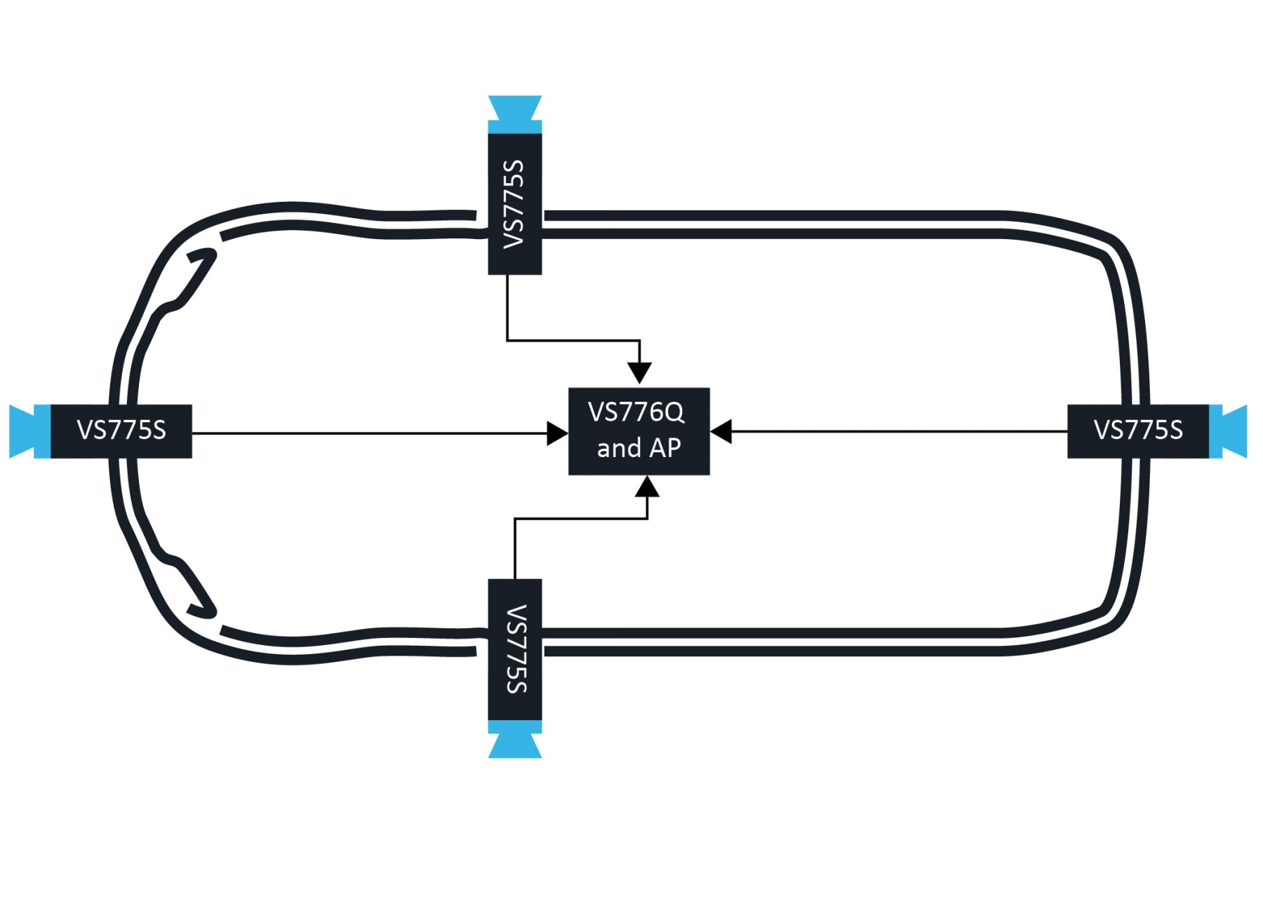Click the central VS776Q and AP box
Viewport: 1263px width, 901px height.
click(x=639, y=431)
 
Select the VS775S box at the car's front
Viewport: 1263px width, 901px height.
click(x=121, y=431)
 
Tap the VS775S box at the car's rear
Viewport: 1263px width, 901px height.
click(x=1137, y=431)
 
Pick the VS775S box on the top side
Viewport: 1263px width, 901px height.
click(x=514, y=203)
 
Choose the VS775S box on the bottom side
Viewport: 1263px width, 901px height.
click(x=514, y=649)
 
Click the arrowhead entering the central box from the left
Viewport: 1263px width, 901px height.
click(x=559, y=433)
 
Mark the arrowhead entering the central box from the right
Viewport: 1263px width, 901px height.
click(x=721, y=431)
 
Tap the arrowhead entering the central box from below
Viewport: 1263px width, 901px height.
click(x=647, y=487)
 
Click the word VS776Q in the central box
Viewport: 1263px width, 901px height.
click(x=636, y=412)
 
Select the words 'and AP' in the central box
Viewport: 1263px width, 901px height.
click(x=639, y=448)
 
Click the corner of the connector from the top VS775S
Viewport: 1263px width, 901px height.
click(x=507, y=341)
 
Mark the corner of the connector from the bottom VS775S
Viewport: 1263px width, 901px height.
click(x=515, y=519)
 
